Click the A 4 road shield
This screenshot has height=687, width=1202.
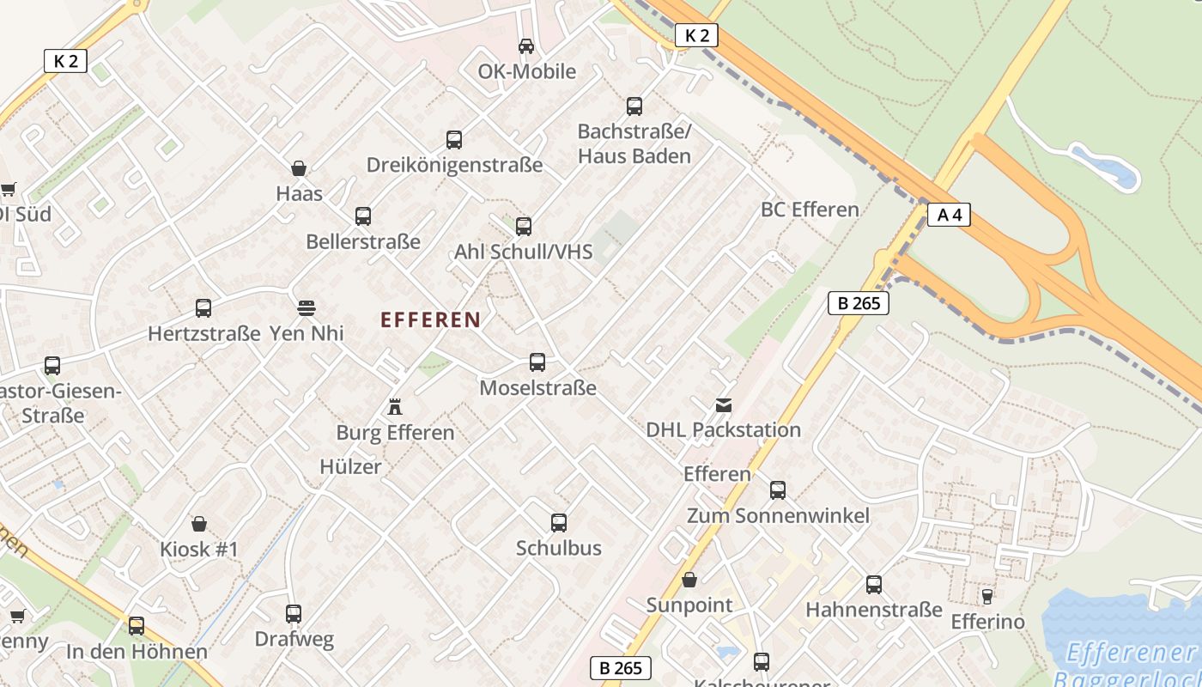[949, 215]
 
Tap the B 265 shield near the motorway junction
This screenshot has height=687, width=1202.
[858, 302]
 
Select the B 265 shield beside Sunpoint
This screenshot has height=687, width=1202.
[621, 668]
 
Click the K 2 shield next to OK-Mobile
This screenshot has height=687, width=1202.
[695, 35]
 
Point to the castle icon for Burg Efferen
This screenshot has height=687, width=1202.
[395, 405]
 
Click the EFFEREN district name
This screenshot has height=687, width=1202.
[430, 320]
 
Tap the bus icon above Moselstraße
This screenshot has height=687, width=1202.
[537, 362]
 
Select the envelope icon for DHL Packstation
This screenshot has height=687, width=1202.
[724, 404]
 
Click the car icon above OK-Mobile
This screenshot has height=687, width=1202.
[526, 46]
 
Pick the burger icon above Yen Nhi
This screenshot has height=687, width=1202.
[307, 307]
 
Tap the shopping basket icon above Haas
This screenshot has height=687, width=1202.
[299, 168]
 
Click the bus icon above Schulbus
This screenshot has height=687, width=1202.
[559, 523]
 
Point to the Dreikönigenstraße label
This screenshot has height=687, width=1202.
[454, 164]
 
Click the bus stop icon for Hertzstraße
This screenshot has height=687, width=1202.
[203, 308]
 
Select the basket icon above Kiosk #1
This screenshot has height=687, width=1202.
[199, 524]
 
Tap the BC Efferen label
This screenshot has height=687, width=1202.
[810, 210]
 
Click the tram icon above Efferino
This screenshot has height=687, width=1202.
[987, 596]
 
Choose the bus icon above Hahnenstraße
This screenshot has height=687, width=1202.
[874, 585]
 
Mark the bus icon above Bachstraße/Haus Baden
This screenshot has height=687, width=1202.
[634, 106]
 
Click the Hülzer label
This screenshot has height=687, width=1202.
[350, 466]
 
